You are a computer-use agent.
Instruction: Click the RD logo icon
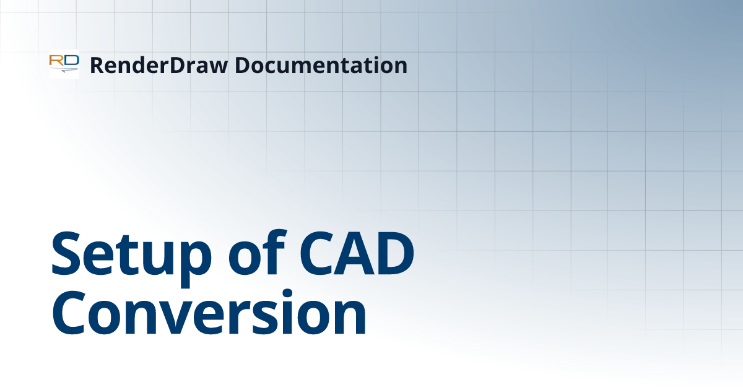click(x=64, y=64)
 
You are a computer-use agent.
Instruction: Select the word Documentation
click(x=320, y=65)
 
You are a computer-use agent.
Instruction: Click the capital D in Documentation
click(x=242, y=65)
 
